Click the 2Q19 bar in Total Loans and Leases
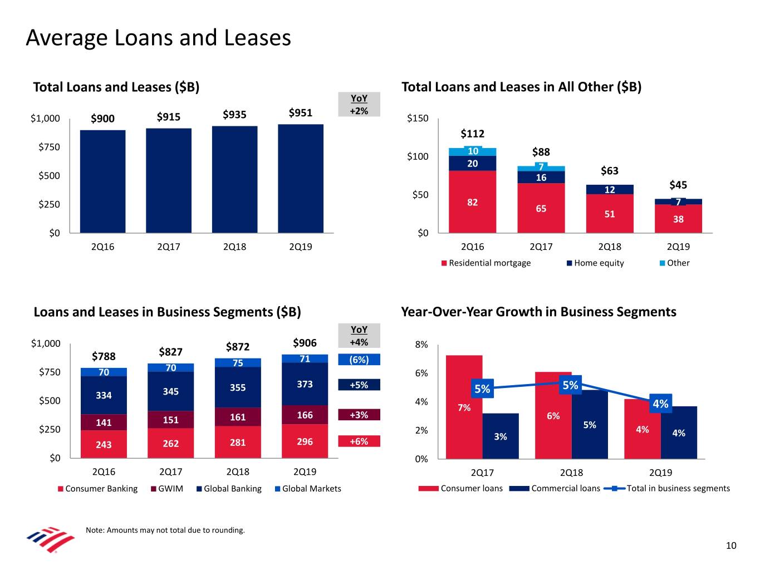(x=301, y=178)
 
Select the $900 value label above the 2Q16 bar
(x=102, y=119)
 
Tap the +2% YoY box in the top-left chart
(x=359, y=111)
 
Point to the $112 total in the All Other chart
(x=473, y=134)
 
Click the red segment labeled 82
(x=472, y=202)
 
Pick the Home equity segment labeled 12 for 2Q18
(x=610, y=190)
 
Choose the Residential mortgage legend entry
(x=486, y=263)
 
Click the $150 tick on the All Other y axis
(x=418, y=118)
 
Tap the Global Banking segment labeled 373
(x=305, y=384)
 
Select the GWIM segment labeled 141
(x=104, y=422)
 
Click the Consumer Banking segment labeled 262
(x=170, y=444)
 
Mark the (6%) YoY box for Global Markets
(x=359, y=360)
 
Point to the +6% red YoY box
(x=359, y=441)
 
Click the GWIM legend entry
(x=166, y=489)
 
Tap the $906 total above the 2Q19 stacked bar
(x=305, y=343)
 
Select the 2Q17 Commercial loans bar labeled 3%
(x=501, y=436)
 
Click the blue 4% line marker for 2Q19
(x=660, y=404)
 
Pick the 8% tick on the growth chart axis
(x=421, y=345)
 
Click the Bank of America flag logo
(x=51, y=539)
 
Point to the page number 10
(x=731, y=546)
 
